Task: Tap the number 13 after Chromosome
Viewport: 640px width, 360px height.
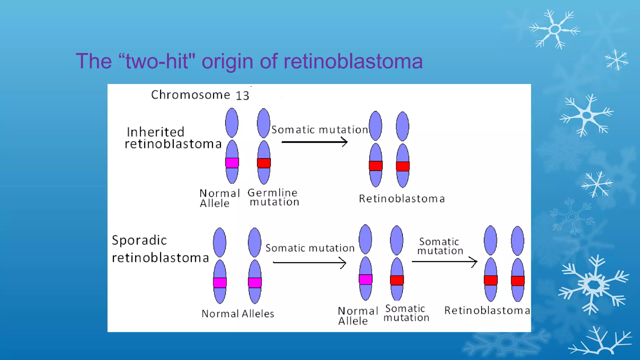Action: tap(242, 96)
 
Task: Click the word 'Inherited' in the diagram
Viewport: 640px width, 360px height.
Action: tap(156, 132)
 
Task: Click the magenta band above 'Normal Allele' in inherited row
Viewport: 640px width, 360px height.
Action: tap(232, 163)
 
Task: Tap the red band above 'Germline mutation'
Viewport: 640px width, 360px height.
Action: tap(264, 163)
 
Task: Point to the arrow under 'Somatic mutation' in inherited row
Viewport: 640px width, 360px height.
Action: tap(314, 142)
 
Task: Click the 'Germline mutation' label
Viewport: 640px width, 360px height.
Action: tap(273, 197)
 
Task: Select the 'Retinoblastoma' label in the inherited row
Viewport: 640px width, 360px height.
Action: tap(402, 199)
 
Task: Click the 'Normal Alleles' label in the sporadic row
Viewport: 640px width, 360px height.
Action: tap(238, 314)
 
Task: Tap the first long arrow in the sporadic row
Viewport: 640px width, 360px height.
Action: tap(309, 262)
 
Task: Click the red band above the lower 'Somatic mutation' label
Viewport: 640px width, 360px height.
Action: tap(397, 280)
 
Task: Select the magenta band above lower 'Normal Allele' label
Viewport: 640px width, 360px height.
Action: tap(365, 279)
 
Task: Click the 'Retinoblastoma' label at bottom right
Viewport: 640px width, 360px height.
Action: tap(487, 311)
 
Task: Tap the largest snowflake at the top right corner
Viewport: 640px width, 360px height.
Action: tap(555, 29)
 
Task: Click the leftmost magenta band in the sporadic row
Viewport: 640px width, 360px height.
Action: tap(220, 282)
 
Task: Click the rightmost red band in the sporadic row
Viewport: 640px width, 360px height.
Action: tap(517, 281)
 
